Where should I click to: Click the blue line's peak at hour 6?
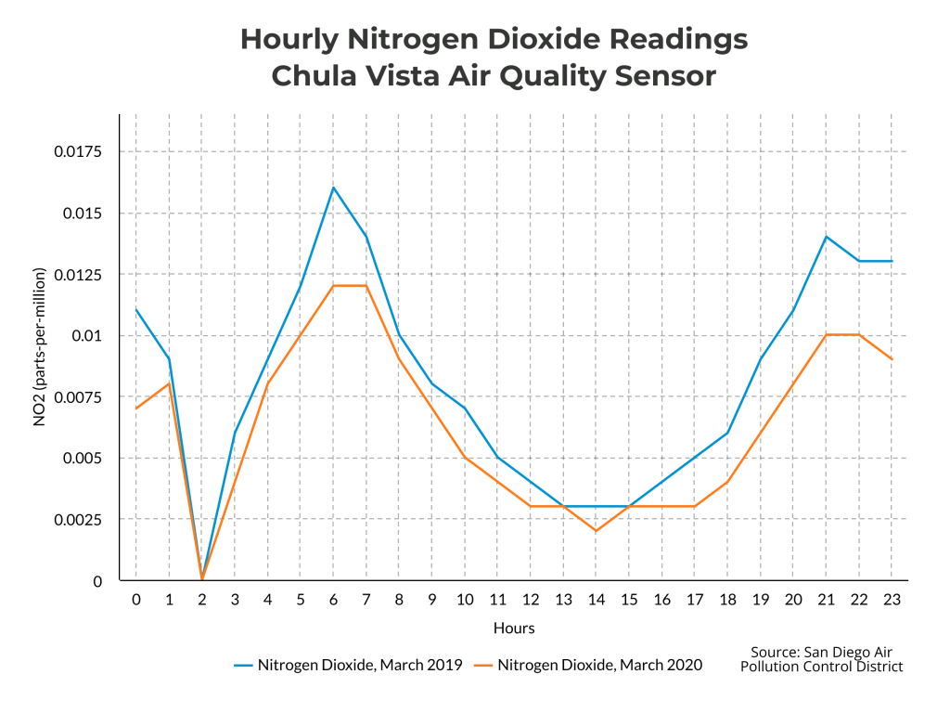333,188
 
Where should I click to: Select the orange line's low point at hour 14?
596,531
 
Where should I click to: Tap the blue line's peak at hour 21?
826,237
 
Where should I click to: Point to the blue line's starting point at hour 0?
136,309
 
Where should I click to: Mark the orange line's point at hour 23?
892,359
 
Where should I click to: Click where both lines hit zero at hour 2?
202,579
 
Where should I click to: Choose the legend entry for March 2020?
588,665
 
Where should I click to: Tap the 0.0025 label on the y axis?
82,519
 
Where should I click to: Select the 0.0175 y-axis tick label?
82,151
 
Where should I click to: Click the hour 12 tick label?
531,601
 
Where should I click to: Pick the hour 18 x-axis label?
727,601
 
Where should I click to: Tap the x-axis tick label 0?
136,601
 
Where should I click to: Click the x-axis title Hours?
513,629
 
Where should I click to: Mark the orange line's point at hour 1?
169,383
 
